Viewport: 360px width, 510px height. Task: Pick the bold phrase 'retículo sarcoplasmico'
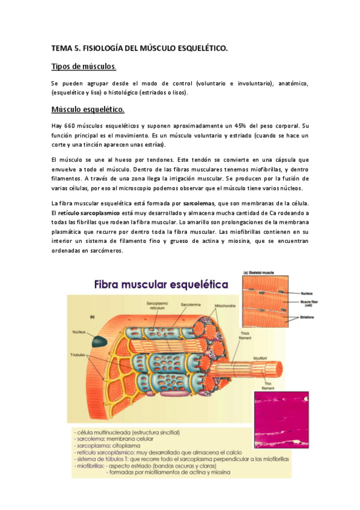coord(90,213)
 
